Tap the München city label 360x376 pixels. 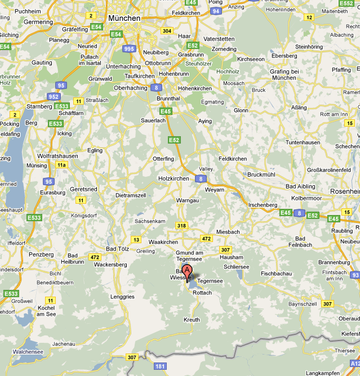point(124,18)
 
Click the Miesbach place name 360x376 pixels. point(228,232)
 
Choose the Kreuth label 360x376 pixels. point(192,319)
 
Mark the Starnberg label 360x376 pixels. point(39,106)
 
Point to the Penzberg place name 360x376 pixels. point(41,254)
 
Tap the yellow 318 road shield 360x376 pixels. point(181,226)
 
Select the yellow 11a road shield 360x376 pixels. point(61,165)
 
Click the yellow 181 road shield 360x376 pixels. point(160,366)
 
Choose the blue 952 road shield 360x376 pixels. point(54,96)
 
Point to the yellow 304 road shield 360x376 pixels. point(167,31)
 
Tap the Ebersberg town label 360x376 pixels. point(284,56)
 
